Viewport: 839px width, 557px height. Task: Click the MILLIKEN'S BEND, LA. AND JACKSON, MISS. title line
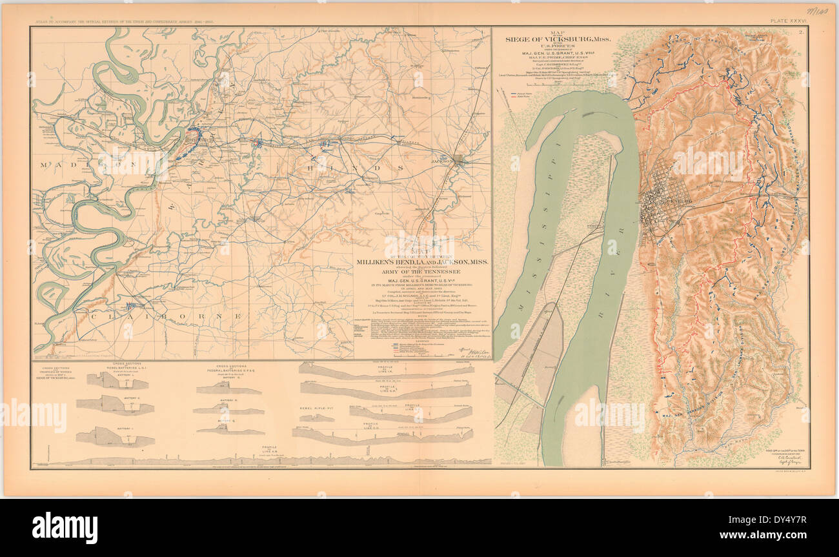(422, 262)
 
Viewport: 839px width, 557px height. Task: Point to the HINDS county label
(352, 167)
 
